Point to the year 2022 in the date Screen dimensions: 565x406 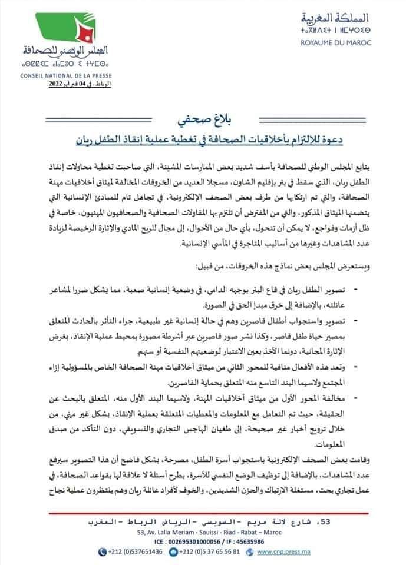(53, 85)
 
